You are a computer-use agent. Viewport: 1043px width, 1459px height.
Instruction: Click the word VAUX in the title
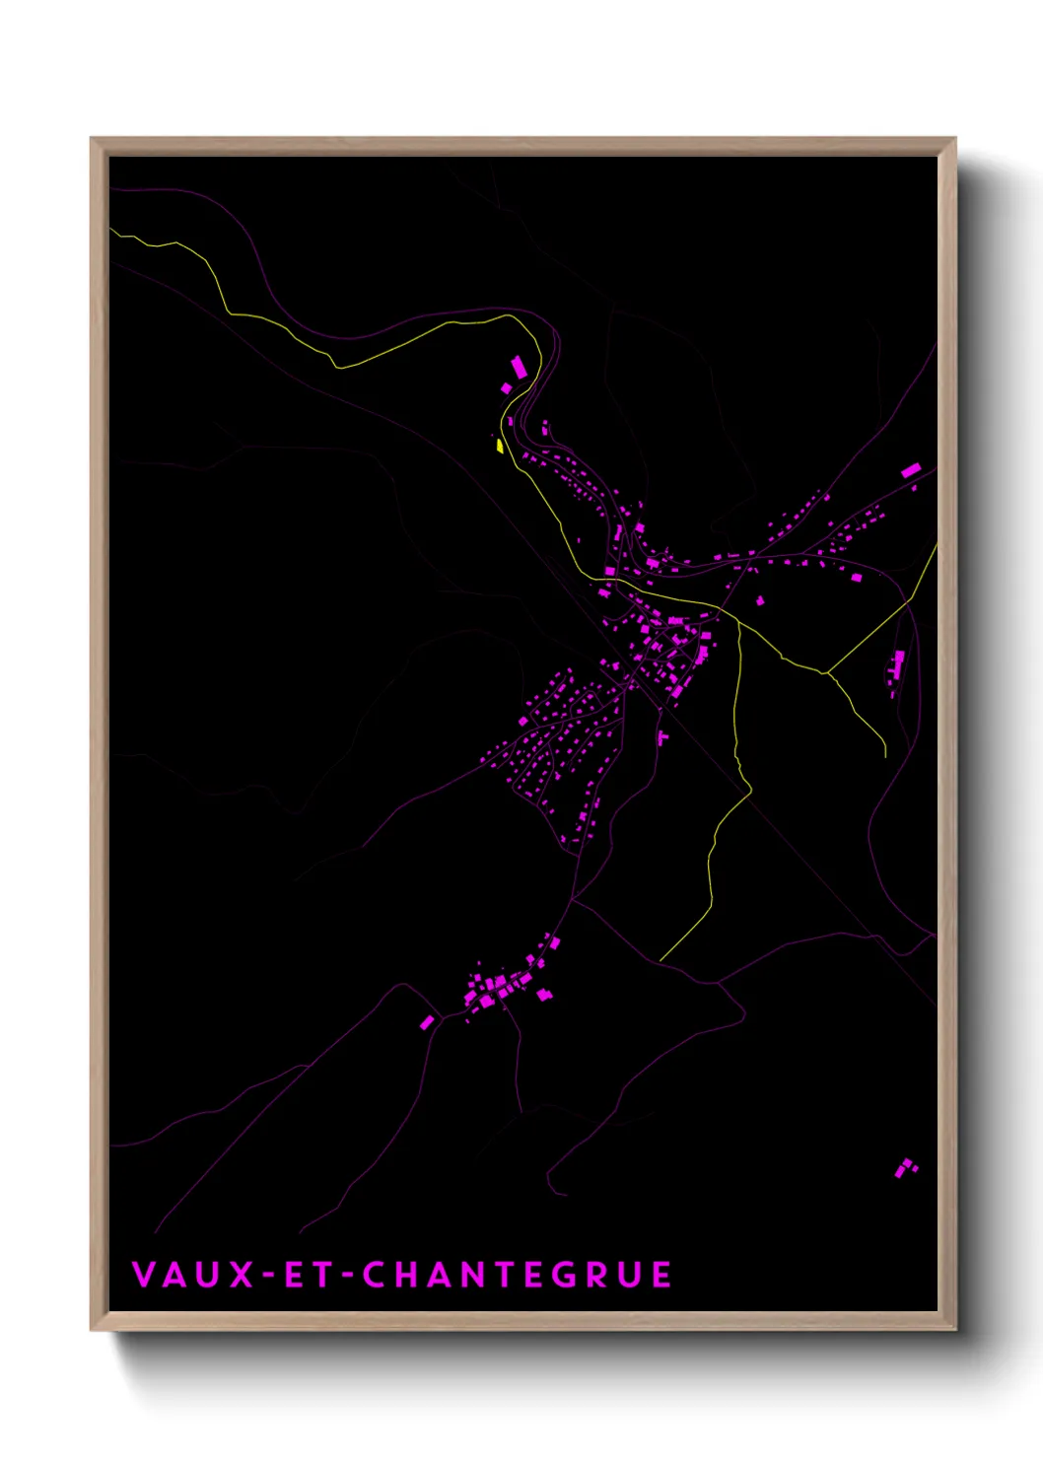coord(193,1275)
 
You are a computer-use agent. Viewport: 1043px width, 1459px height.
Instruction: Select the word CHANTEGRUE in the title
coord(518,1275)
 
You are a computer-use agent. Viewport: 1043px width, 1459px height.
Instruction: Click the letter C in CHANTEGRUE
coord(375,1275)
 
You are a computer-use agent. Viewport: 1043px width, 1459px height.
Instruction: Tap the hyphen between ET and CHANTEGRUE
coord(347,1276)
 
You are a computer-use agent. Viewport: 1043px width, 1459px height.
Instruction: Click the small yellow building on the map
coord(500,446)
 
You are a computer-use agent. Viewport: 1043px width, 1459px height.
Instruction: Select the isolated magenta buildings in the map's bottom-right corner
coord(905,1168)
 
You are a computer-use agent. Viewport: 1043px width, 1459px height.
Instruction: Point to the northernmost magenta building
coord(519,368)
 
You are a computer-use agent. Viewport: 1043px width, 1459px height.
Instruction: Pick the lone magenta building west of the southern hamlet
coord(427,1022)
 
